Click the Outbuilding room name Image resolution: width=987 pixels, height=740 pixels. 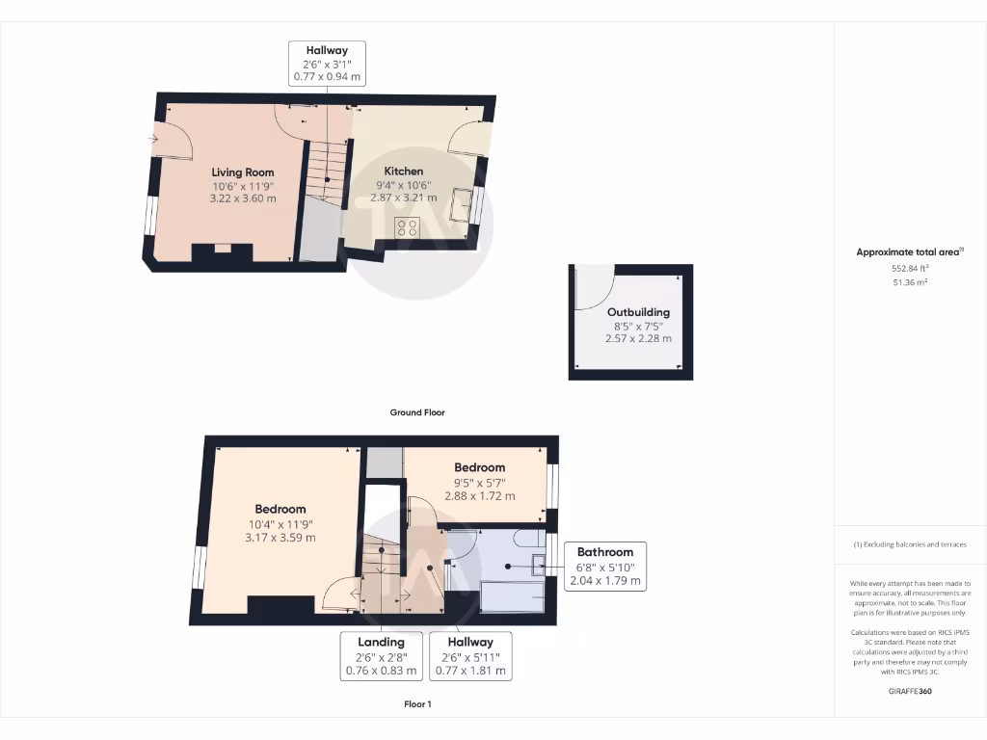point(638,312)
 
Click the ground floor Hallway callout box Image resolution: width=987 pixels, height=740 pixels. point(327,63)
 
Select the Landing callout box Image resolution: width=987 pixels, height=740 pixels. point(382,656)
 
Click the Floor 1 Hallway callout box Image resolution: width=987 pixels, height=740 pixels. point(470,656)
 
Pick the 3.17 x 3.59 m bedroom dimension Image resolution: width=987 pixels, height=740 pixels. point(280,538)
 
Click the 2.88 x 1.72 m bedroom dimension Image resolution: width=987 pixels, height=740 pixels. point(480,496)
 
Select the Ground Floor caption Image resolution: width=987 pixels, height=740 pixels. point(417,412)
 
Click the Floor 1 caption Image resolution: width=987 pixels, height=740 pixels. point(417,704)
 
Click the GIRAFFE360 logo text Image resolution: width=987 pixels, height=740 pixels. point(911,691)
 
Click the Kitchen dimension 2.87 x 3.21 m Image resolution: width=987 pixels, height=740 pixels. point(404,198)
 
